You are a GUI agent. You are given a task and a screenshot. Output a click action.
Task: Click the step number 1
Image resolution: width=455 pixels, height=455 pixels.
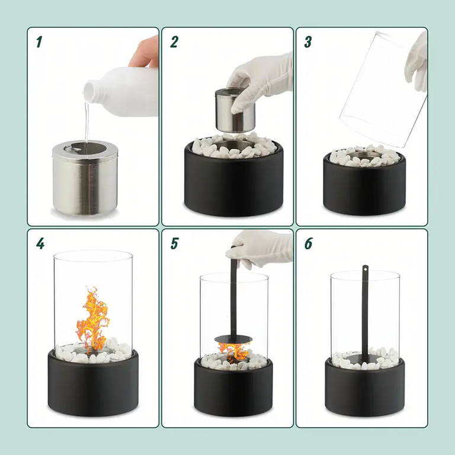pyautogui.click(x=39, y=42)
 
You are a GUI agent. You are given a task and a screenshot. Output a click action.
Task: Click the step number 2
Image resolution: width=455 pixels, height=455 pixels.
pyautogui.click(x=174, y=42)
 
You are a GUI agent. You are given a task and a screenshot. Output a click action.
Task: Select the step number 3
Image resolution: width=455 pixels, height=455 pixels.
pyautogui.click(x=308, y=42)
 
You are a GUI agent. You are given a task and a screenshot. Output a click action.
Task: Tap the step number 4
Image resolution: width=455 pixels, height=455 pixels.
pyautogui.click(x=40, y=243)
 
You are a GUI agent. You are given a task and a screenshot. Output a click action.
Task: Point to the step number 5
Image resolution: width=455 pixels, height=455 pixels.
pyautogui.click(x=174, y=243)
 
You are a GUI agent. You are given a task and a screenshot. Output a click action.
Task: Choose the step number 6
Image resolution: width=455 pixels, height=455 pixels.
pyautogui.click(x=308, y=243)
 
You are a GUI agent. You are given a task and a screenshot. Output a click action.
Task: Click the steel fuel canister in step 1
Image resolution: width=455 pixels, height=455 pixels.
pyautogui.click(x=85, y=178)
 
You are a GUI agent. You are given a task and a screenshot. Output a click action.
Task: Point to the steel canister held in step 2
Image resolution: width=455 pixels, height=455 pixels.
pyautogui.click(x=235, y=110)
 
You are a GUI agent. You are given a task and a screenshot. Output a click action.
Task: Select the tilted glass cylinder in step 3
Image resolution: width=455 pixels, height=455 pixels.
pyautogui.click(x=383, y=88)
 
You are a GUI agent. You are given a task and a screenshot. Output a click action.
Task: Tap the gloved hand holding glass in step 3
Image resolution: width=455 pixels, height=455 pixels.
pyautogui.click(x=416, y=62)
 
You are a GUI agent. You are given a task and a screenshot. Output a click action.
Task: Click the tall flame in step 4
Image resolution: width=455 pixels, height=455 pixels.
pyautogui.click(x=92, y=319)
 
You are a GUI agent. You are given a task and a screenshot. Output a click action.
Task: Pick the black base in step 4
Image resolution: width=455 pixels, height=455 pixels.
pyautogui.click(x=93, y=383)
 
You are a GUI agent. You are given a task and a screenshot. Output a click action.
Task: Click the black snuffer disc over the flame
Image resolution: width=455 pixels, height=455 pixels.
pyautogui.click(x=233, y=339)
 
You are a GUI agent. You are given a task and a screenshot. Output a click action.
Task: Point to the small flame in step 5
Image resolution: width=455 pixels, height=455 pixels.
pyautogui.click(x=234, y=352)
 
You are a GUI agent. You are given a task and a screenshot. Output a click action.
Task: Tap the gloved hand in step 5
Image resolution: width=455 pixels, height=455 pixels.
pyautogui.click(x=259, y=248)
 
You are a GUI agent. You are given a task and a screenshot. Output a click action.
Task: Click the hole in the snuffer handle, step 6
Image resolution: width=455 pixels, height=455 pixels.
pyautogui.click(x=366, y=269)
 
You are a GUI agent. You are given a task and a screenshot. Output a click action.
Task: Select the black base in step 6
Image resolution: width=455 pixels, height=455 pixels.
pyautogui.click(x=365, y=387)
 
